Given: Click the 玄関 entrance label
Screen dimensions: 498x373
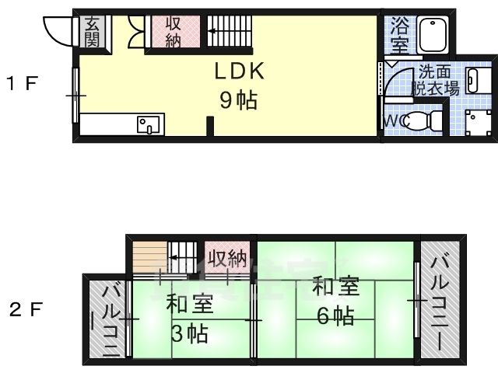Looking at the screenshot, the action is tap(92, 32).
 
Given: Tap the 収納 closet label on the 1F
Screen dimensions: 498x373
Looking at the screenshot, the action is tap(173, 32).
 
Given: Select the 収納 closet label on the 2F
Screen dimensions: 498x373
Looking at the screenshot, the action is tap(227, 259).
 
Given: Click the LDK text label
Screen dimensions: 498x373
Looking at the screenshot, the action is tap(240, 71).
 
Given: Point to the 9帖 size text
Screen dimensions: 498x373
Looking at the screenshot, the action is tap(239, 100).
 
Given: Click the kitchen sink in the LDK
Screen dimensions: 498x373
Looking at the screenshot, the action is tap(149, 124).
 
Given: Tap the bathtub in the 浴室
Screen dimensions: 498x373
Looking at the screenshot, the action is tap(433, 34).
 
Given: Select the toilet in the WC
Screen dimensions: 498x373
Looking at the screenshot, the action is tap(423, 120).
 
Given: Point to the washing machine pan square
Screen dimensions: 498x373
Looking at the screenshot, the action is tap(479, 122).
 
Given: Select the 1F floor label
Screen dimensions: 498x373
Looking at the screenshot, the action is tap(23, 83).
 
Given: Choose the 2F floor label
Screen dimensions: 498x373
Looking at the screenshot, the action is tap(26, 309).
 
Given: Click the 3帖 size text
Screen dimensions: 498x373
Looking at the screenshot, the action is tap(190, 333).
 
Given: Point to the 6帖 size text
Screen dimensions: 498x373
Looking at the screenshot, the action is tap(336, 316).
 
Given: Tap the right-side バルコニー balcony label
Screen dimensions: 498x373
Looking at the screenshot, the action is tap(440, 304).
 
